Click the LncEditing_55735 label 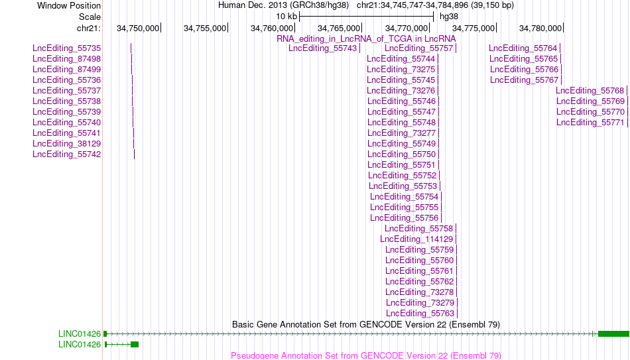click(x=67, y=48)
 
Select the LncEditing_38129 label click(x=67, y=144)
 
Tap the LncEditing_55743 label click(x=323, y=48)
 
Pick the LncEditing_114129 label click(x=416, y=239)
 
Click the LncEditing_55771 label click(x=591, y=123)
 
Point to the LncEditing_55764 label click(x=523, y=48)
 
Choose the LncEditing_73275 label click(x=401, y=70)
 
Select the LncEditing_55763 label click(x=420, y=314)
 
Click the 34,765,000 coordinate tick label click(x=339, y=29)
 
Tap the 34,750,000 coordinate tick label click(x=138, y=29)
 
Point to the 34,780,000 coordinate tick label click(x=540, y=29)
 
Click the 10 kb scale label click(x=286, y=17)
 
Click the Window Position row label click(x=69, y=5)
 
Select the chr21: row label click(x=89, y=29)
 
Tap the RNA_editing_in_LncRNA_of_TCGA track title click(x=367, y=39)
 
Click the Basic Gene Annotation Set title click(x=366, y=324)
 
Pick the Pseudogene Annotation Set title click(x=366, y=355)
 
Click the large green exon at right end click(x=613, y=334)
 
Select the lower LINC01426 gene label click(x=80, y=345)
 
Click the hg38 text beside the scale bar click(x=449, y=17)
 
